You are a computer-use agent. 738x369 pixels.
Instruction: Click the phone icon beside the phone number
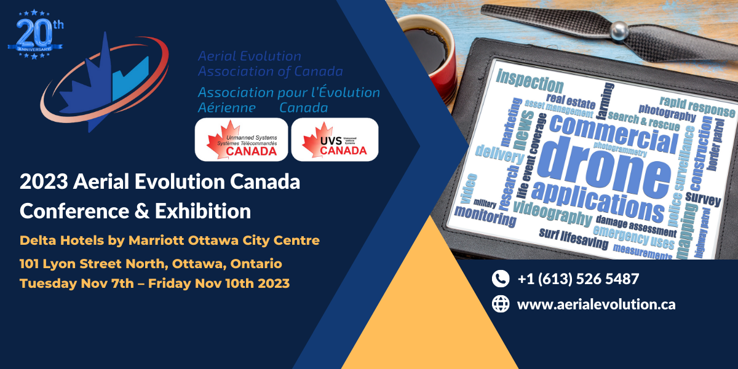tap(501, 279)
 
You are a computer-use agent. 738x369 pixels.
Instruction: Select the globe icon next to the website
tap(501, 304)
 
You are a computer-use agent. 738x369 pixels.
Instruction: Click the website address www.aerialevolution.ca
tap(596, 304)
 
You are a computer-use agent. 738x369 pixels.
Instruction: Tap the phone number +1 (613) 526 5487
tap(577, 279)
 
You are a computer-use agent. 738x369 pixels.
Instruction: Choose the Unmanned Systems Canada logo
tap(241, 140)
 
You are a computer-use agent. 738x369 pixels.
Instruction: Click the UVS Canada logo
tap(335, 140)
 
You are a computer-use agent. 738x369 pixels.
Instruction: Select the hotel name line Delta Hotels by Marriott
tap(170, 239)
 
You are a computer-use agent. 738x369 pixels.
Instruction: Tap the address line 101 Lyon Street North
tap(151, 264)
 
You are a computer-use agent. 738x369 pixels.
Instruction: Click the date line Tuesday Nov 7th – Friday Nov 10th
tap(154, 284)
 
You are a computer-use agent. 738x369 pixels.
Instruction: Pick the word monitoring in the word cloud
tap(485, 217)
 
